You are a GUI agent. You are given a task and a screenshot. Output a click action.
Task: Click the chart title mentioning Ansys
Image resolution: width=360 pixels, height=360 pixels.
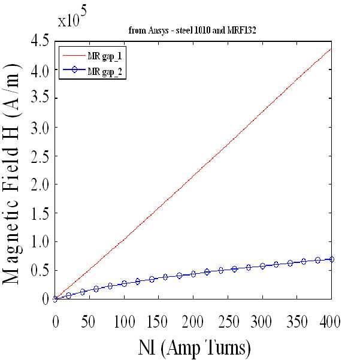pos(192,31)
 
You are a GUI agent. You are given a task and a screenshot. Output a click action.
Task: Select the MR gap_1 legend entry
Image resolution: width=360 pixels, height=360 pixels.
pos(92,56)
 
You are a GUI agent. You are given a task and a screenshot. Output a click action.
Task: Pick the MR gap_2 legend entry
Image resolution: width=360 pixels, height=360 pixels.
pos(92,71)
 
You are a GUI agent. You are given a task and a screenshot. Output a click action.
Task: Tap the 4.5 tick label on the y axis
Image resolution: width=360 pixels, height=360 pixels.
pos(40,41)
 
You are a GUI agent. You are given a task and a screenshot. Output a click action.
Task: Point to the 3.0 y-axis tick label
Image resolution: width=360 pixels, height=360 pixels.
pos(40,127)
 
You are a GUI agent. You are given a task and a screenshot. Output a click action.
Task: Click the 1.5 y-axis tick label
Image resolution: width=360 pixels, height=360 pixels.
pos(40,213)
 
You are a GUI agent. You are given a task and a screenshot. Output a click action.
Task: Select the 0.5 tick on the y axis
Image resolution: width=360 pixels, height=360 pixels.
pos(40,271)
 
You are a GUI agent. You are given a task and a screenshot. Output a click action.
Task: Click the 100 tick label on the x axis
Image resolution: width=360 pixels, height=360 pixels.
pos(124,321)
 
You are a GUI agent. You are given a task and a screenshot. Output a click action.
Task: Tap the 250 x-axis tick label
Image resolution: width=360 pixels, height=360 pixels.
pos(228,321)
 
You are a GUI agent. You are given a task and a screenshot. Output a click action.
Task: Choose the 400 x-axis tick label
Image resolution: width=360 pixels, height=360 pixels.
pos(330,321)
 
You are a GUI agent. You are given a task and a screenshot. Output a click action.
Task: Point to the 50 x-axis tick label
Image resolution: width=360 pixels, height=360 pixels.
pos(88,321)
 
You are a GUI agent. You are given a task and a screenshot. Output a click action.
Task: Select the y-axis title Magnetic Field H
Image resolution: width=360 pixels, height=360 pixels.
pos(11,174)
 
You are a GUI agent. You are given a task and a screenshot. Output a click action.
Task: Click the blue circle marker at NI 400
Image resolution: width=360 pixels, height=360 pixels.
pos(331,259)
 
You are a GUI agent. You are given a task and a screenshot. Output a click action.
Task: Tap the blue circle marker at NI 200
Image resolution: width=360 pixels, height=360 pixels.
pos(193,274)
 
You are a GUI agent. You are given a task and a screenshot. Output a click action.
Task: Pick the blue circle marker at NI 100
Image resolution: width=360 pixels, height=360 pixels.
pos(124,283)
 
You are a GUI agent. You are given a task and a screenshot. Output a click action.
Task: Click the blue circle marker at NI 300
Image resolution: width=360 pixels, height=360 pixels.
pos(262,266)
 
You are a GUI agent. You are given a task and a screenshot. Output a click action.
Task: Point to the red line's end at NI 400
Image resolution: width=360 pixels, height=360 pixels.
pos(331,49)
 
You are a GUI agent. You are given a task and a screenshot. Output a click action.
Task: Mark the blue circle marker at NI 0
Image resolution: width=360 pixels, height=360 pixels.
pos(55,299)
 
